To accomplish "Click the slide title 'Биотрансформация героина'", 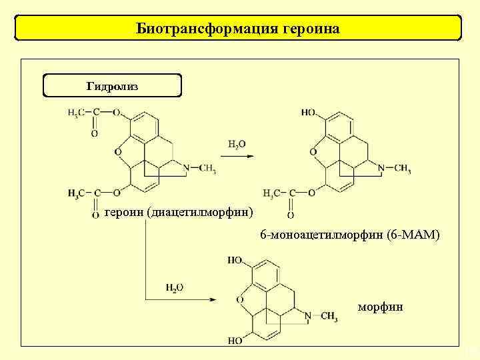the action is pyautogui.click(x=238, y=29).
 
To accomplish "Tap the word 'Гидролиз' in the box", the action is pyautogui.click(x=112, y=87).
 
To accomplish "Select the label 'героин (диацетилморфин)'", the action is pyautogui.click(x=179, y=213).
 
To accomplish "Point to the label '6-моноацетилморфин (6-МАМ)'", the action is pyautogui.click(x=350, y=235).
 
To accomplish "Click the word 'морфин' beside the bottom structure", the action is pyautogui.click(x=380, y=307).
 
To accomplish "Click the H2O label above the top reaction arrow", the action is pyautogui.click(x=237, y=144).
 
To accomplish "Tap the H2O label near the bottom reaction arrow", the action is pyautogui.click(x=175, y=287).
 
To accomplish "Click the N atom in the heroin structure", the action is pyautogui.click(x=187, y=168).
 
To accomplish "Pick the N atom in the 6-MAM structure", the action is pyautogui.click(x=381, y=168).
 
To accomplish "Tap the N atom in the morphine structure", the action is pyautogui.click(x=308, y=315).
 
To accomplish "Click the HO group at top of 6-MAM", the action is pyautogui.click(x=308, y=113).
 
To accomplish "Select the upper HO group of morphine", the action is pyautogui.click(x=235, y=260).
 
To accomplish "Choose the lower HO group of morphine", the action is pyautogui.click(x=235, y=341).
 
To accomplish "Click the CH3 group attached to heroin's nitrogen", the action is pyautogui.click(x=207, y=168).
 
